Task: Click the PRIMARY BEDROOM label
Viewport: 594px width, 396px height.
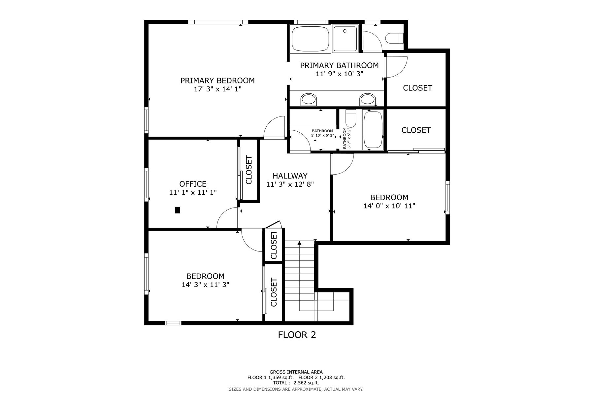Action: point(217,81)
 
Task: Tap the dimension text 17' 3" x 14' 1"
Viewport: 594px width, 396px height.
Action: point(218,89)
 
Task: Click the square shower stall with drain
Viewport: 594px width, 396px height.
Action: point(345,39)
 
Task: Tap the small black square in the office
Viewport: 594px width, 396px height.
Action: point(178,210)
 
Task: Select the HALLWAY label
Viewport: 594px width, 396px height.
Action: point(290,176)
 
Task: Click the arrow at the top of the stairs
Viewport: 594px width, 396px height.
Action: point(299,243)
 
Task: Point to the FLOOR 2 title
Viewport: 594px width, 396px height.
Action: point(297,335)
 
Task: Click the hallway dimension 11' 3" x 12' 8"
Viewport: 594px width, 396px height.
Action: point(290,184)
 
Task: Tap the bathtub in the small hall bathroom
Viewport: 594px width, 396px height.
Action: point(373,130)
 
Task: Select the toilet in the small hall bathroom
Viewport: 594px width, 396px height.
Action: point(350,118)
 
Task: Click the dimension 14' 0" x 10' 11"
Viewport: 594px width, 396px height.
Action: point(389,206)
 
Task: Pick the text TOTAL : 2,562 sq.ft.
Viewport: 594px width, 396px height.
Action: point(296,383)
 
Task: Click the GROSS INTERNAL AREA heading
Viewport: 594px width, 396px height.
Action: point(296,372)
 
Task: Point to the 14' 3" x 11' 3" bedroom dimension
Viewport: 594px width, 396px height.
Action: point(205,284)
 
